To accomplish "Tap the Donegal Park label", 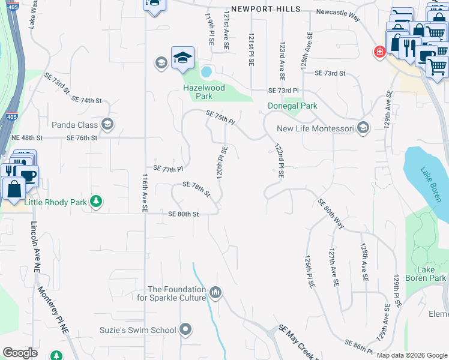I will [x=292, y=106].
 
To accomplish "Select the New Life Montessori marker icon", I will [x=363, y=128].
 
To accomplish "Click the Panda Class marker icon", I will [x=107, y=124].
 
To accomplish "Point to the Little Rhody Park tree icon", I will [x=95, y=202].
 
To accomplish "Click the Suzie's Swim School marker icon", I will [x=185, y=329].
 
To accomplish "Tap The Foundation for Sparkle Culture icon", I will [x=215, y=293].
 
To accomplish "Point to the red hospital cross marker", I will [x=379, y=53].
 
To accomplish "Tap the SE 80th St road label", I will [x=183, y=214].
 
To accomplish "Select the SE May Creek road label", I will [x=297, y=343].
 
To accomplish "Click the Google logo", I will [x=20, y=353].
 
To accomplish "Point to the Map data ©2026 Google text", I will [x=411, y=355].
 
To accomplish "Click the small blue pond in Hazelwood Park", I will [x=206, y=72].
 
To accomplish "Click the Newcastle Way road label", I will [x=338, y=14].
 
